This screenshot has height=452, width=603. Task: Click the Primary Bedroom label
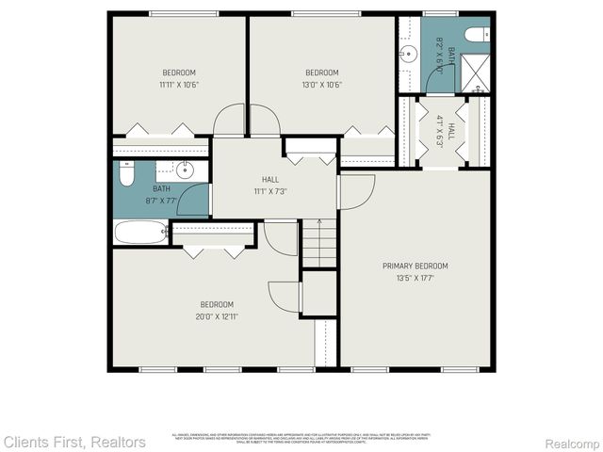point(415,266)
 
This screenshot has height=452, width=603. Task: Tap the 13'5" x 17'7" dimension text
point(415,278)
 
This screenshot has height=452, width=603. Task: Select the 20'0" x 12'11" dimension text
point(217,316)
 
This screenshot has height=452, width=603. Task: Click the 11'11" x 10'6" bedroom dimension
point(179,85)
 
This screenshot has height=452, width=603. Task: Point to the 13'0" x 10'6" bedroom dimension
point(322,85)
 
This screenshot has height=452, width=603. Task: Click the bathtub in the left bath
point(140,232)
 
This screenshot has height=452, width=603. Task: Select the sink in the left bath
point(185,170)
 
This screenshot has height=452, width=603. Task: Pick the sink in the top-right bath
point(408,55)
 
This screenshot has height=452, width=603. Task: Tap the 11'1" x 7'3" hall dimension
point(270,191)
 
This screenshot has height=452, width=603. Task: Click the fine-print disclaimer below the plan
point(301,437)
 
